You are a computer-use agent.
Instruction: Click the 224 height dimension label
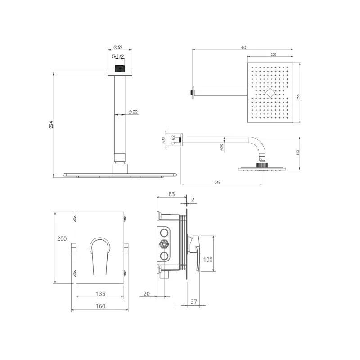(51, 125)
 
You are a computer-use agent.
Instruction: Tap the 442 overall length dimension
(243, 47)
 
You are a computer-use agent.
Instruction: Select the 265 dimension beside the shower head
(298, 97)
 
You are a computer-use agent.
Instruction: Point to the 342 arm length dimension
(217, 182)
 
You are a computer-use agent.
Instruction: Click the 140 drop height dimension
(298, 153)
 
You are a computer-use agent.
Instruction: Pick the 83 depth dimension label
(171, 194)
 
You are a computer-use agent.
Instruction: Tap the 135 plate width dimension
(100, 294)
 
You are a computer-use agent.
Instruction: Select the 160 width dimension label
(100, 306)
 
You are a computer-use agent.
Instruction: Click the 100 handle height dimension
(208, 260)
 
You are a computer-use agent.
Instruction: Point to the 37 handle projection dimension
(194, 301)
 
